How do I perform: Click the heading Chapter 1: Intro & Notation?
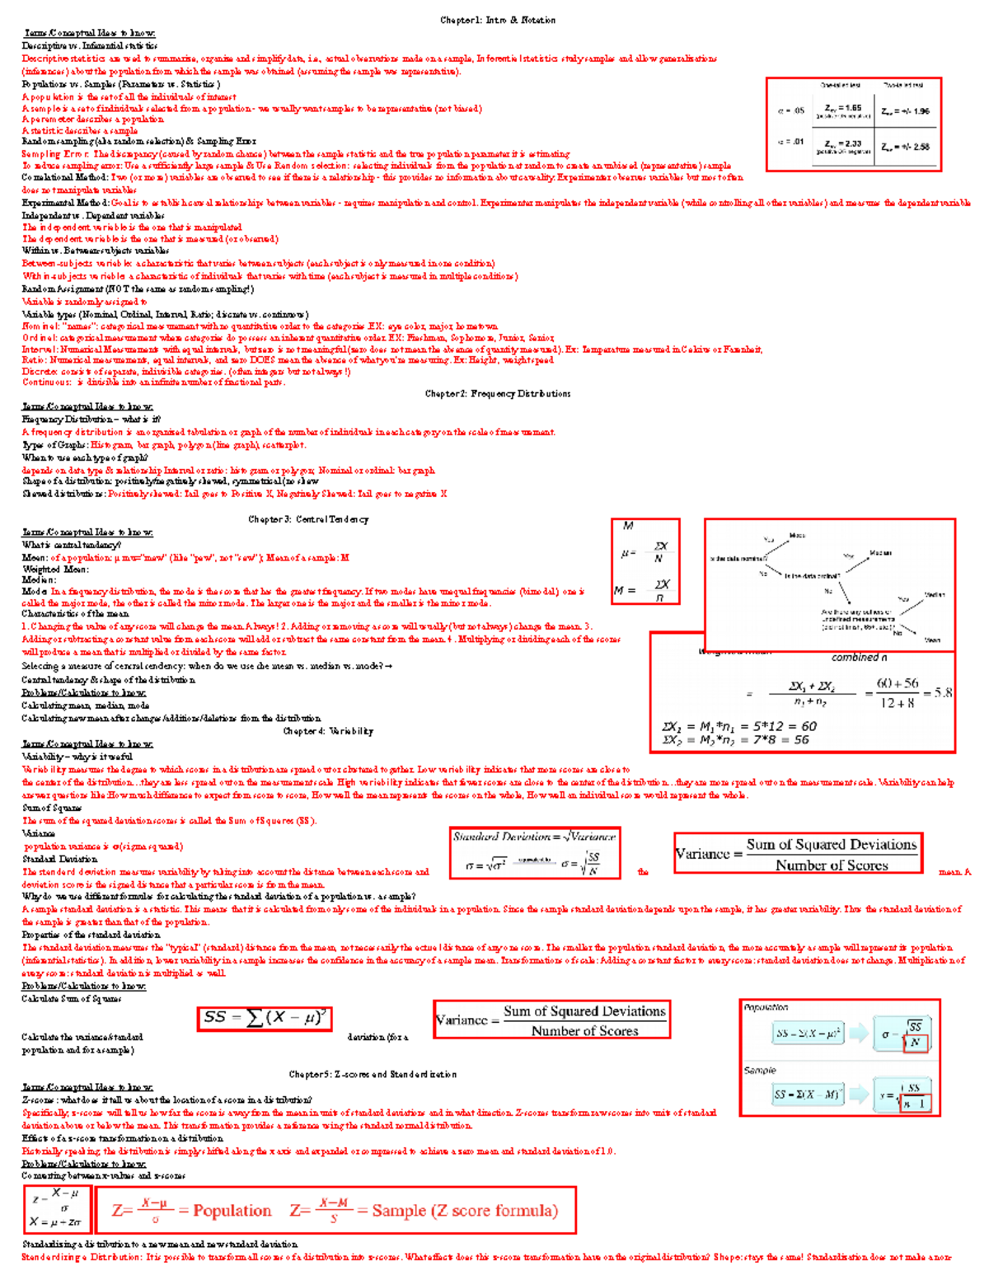(498, 20)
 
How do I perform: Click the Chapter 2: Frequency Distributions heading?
(498, 394)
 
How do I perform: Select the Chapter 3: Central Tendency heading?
(308, 519)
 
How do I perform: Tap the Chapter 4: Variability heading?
(328, 731)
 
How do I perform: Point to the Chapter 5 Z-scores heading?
(373, 1075)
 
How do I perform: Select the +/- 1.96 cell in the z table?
(905, 111)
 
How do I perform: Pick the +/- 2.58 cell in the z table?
(905, 147)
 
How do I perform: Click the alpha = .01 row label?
(790, 142)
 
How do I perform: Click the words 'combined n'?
(859, 658)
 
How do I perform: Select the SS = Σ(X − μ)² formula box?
(265, 1018)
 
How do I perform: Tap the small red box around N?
(916, 1043)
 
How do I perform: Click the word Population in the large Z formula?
(232, 1211)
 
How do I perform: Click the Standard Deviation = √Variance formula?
(534, 837)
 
